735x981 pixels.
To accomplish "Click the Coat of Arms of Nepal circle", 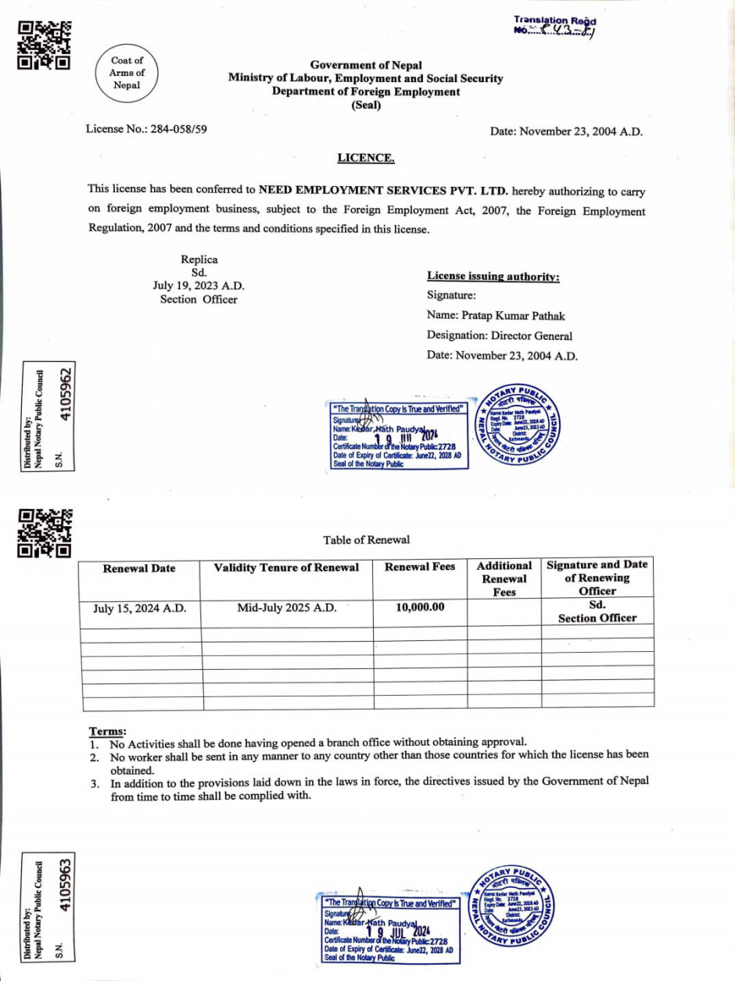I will pyautogui.click(x=127, y=73).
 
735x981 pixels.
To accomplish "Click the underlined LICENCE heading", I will pyautogui.click(x=366, y=158).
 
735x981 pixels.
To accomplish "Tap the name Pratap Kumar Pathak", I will pyautogui.click(x=496, y=316).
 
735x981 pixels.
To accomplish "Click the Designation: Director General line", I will pyautogui.click(x=500, y=336).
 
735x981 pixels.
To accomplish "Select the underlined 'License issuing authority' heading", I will pyautogui.click(x=493, y=276).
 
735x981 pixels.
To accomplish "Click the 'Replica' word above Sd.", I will pyautogui.click(x=199, y=260).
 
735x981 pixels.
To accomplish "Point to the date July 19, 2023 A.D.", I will pyautogui.click(x=199, y=286).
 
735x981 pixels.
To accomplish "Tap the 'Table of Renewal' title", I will pyautogui.click(x=366, y=539).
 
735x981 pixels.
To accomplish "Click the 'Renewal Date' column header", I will pyautogui.click(x=139, y=568).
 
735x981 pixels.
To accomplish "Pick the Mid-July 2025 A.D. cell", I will pyautogui.click(x=286, y=607).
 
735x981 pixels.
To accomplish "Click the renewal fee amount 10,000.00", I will pyautogui.click(x=420, y=607).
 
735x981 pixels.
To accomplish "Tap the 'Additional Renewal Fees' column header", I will pyautogui.click(x=504, y=578).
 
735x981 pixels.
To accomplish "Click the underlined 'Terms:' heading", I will pyautogui.click(x=108, y=731).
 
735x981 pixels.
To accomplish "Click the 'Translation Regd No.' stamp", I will pyautogui.click(x=555, y=26).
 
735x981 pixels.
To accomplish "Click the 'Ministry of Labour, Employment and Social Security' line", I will pyautogui.click(x=366, y=78).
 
